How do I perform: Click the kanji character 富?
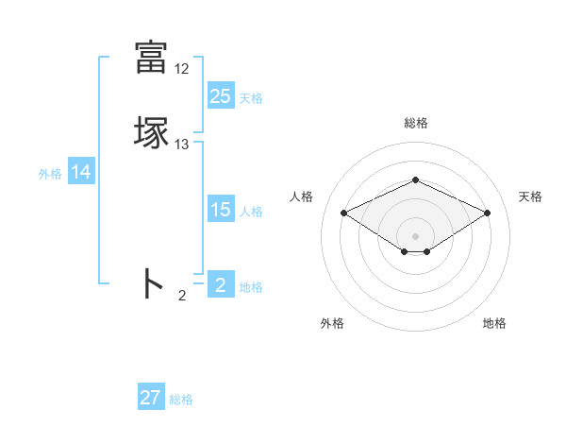coord(151,57)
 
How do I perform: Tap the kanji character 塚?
coord(151,133)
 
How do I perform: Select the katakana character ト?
coord(152,283)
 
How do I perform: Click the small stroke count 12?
coord(182,69)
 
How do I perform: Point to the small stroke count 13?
coord(182,145)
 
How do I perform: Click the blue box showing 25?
coord(220,96)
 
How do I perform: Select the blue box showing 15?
coord(220,210)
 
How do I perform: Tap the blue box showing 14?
coord(81,172)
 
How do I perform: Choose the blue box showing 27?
coord(151,398)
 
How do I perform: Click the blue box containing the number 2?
coord(220,285)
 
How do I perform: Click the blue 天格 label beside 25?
coord(251,98)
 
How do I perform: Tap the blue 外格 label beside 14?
coord(50,174)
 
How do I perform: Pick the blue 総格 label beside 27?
coord(181,400)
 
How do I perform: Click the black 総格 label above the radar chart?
coord(415,123)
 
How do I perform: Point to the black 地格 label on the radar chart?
coord(494,323)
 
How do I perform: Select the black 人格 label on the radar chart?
coord(302,196)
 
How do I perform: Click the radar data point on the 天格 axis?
coord(488,213)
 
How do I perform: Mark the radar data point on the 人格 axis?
coord(343,213)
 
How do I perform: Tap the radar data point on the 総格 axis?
coord(415,179)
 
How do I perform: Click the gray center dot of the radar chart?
coord(415,235)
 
